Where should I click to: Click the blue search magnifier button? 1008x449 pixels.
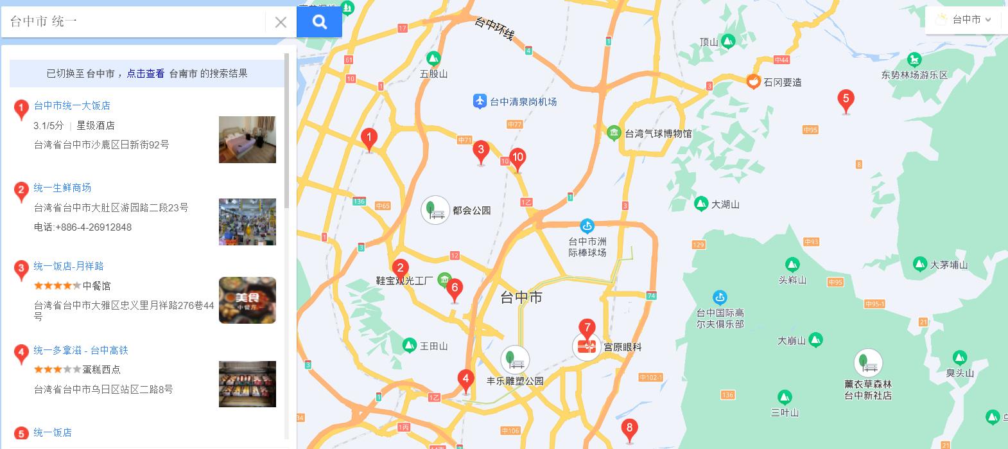(319, 22)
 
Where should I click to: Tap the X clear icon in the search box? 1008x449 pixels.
(281, 22)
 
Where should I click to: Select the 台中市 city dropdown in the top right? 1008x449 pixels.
(966, 20)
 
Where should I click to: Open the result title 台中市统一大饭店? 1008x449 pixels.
(72, 105)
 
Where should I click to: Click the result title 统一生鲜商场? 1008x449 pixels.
(62, 188)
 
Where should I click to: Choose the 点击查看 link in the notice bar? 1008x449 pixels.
(145, 73)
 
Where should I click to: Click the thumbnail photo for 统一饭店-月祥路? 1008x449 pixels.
(247, 300)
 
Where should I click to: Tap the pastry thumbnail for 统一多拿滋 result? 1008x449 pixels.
(247, 384)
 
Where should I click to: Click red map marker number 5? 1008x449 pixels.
(846, 100)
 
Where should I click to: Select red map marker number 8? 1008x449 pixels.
(629, 429)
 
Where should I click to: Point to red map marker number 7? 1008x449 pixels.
(587, 329)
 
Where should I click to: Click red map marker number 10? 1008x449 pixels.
(518, 158)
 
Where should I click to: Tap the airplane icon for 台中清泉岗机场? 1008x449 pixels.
(480, 101)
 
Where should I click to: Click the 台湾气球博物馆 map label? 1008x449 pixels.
(658, 134)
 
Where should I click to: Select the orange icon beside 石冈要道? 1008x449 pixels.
(753, 82)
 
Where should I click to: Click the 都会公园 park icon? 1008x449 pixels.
(435, 210)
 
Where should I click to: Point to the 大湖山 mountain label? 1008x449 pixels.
(726, 204)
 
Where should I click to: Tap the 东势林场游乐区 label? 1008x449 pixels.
(914, 75)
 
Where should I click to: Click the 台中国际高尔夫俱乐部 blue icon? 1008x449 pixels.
(720, 297)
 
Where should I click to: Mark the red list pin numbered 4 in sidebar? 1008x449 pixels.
(21, 353)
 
